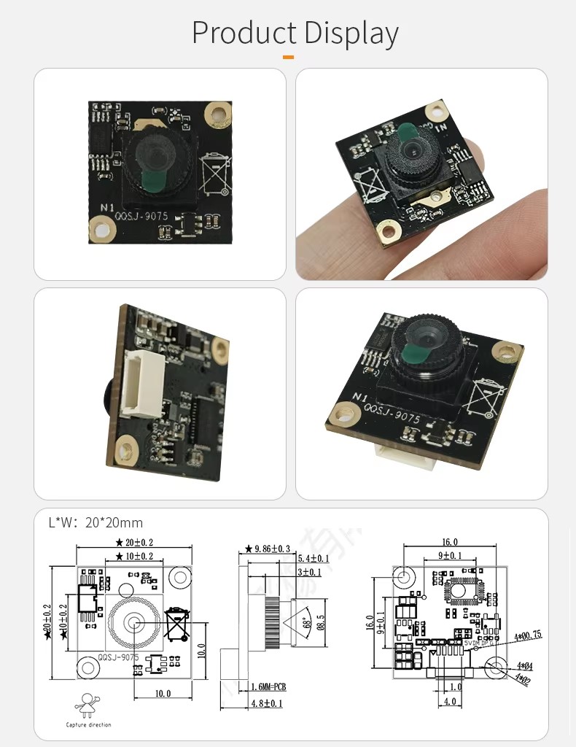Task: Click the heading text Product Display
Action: (x=295, y=34)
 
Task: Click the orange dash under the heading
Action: (x=288, y=56)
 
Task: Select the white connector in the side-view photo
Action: (x=137, y=383)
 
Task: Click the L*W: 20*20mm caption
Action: (x=96, y=522)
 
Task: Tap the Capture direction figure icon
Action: (x=87, y=705)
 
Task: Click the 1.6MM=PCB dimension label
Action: (x=268, y=686)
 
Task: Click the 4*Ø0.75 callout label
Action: (x=526, y=635)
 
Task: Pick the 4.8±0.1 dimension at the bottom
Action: (x=266, y=704)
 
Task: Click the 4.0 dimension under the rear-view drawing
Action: (x=451, y=702)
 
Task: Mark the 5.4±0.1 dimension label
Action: (x=314, y=559)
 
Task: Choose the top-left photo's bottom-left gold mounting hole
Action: (x=102, y=230)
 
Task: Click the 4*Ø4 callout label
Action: (x=525, y=666)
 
